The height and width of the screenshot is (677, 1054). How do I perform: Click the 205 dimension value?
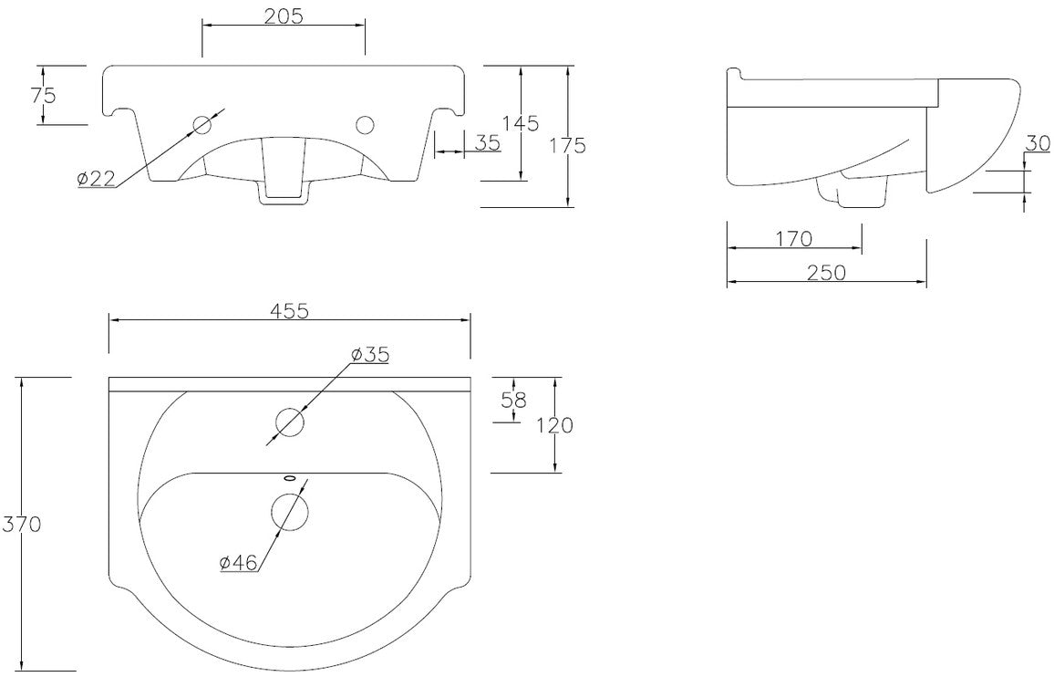[283, 16]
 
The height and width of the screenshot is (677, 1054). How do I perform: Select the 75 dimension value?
[43, 95]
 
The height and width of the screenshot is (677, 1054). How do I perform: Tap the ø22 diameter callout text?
[96, 178]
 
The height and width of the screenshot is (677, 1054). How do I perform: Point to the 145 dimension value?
[521, 123]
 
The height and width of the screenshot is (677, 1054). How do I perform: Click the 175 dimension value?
[567, 145]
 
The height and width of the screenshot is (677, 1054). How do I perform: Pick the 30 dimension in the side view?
[1038, 143]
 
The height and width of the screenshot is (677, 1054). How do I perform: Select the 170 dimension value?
[794, 239]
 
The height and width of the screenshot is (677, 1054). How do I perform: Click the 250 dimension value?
[826, 273]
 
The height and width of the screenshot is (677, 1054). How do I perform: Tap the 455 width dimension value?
[289, 311]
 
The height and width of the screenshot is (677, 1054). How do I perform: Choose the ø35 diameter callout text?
[369, 355]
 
